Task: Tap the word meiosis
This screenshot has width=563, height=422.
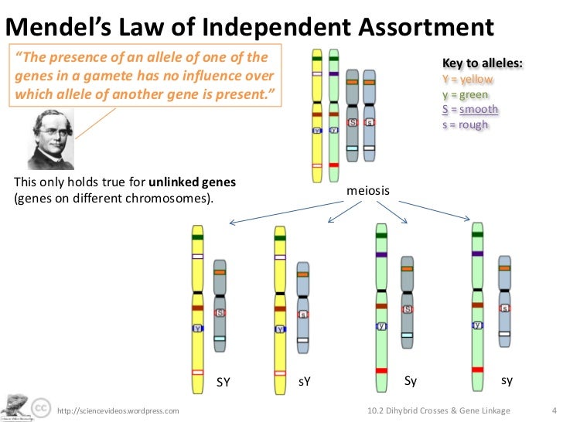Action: [x=367, y=191]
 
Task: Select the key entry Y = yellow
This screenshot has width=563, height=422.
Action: [x=468, y=79]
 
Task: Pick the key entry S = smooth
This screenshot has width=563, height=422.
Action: [x=470, y=109]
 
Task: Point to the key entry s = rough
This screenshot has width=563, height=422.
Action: [x=466, y=124]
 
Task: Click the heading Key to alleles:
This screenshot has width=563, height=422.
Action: [x=481, y=63]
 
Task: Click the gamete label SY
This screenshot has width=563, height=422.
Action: [x=223, y=382]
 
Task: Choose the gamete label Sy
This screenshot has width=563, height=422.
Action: [x=411, y=381]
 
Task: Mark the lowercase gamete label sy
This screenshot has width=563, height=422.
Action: [x=507, y=381]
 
